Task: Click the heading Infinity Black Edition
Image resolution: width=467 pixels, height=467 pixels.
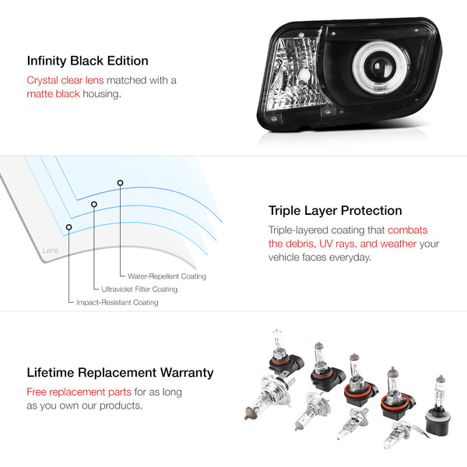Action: pos(87,61)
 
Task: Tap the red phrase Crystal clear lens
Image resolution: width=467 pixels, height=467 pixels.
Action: pos(65,80)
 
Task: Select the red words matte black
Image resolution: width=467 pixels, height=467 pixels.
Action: pos(53,94)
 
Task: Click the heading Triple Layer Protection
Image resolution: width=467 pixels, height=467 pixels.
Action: pos(335,211)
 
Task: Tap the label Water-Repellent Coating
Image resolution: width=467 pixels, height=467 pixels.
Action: pos(167,276)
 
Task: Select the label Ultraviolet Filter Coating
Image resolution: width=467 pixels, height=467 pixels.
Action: pos(139,290)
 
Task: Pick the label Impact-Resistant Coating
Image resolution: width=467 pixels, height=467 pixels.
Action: pos(118,302)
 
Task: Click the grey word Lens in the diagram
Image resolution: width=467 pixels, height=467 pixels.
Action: pos(51,250)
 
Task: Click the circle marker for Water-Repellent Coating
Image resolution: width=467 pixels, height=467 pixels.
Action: pos(120,183)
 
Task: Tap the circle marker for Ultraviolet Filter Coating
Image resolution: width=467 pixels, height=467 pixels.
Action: pos(94,204)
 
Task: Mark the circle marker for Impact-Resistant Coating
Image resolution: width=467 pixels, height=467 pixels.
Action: pos(68,227)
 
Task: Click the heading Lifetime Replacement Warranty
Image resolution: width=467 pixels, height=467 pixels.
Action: pos(120,373)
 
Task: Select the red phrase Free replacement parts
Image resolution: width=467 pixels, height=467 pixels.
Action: pos(79,392)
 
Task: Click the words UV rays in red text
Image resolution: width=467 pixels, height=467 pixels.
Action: pos(338,244)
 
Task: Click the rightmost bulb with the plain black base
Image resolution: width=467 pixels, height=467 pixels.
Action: pos(438,406)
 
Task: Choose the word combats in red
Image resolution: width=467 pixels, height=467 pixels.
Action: pos(407,230)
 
